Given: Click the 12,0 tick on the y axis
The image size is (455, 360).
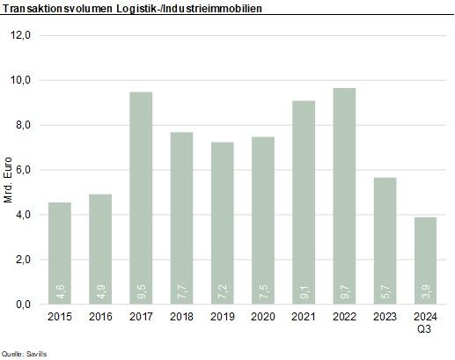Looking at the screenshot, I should coord(21,36).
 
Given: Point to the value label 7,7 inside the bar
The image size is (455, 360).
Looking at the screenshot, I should coord(181,290).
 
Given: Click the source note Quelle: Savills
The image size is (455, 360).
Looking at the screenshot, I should coord(25,352).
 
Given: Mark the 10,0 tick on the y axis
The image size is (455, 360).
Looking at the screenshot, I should coord(21,80).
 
